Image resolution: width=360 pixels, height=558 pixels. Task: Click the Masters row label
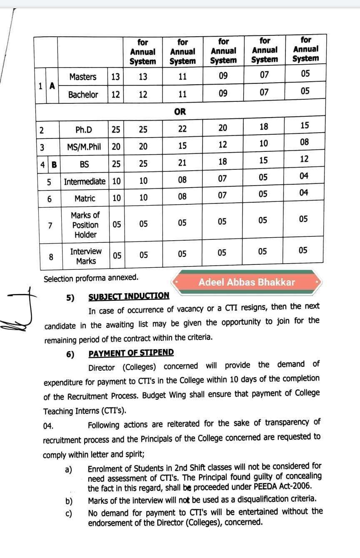point(82,77)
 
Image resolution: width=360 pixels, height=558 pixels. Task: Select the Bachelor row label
point(83,95)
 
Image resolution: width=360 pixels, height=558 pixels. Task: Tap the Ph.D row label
point(84,130)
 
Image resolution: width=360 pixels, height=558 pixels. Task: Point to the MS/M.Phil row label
point(84,147)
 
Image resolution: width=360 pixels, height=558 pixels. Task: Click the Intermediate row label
point(85,182)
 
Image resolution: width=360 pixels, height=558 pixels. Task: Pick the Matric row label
point(85,199)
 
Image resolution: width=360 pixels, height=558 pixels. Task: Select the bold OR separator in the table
point(180,112)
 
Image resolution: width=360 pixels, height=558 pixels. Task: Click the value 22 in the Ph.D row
point(182,129)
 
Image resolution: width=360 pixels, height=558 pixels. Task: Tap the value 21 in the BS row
point(182,163)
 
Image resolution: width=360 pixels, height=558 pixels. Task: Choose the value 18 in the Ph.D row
point(264,127)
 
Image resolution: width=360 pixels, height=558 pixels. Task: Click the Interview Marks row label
point(85,256)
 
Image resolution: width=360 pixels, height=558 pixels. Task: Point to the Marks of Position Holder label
point(85,225)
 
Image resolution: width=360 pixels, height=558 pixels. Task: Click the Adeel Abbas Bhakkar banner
point(247,282)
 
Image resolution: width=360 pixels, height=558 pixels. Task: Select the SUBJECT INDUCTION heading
point(129,297)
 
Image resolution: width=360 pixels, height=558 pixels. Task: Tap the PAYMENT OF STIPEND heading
point(131,353)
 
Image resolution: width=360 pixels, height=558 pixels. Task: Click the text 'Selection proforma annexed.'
point(91,278)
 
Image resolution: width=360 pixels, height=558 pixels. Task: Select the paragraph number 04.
point(48,426)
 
